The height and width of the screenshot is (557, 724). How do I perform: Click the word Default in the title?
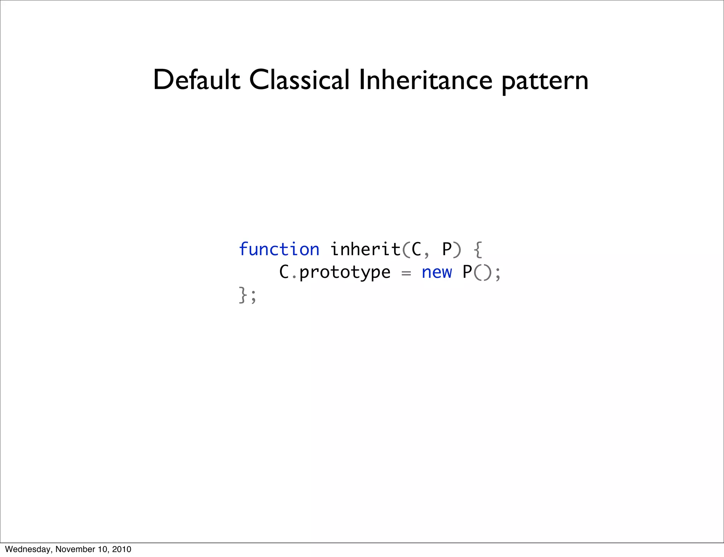[196, 80]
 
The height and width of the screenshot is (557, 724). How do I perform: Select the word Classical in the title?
[299, 80]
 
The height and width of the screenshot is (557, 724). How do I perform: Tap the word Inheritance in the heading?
[425, 80]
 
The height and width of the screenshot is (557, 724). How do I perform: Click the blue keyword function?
[279, 249]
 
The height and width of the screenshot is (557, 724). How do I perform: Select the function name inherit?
[365, 249]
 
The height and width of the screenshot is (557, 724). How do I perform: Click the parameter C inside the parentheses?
[416, 250]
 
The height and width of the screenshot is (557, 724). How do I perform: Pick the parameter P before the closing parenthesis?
[446, 250]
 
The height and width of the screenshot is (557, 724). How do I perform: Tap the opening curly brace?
[478, 250]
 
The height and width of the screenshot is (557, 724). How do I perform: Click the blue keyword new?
[437, 272]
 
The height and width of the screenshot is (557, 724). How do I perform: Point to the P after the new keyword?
[467, 272]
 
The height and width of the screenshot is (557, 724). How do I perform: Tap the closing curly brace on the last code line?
[243, 295]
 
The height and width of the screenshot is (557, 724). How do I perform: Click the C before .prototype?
[284, 272]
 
